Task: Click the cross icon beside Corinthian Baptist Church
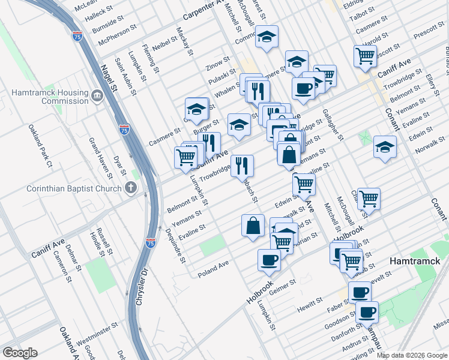point(130,188)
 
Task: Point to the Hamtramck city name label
point(415,262)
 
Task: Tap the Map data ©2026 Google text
point(412,355)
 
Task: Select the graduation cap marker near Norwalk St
point(385,146)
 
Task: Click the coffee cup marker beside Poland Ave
point(269,260)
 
